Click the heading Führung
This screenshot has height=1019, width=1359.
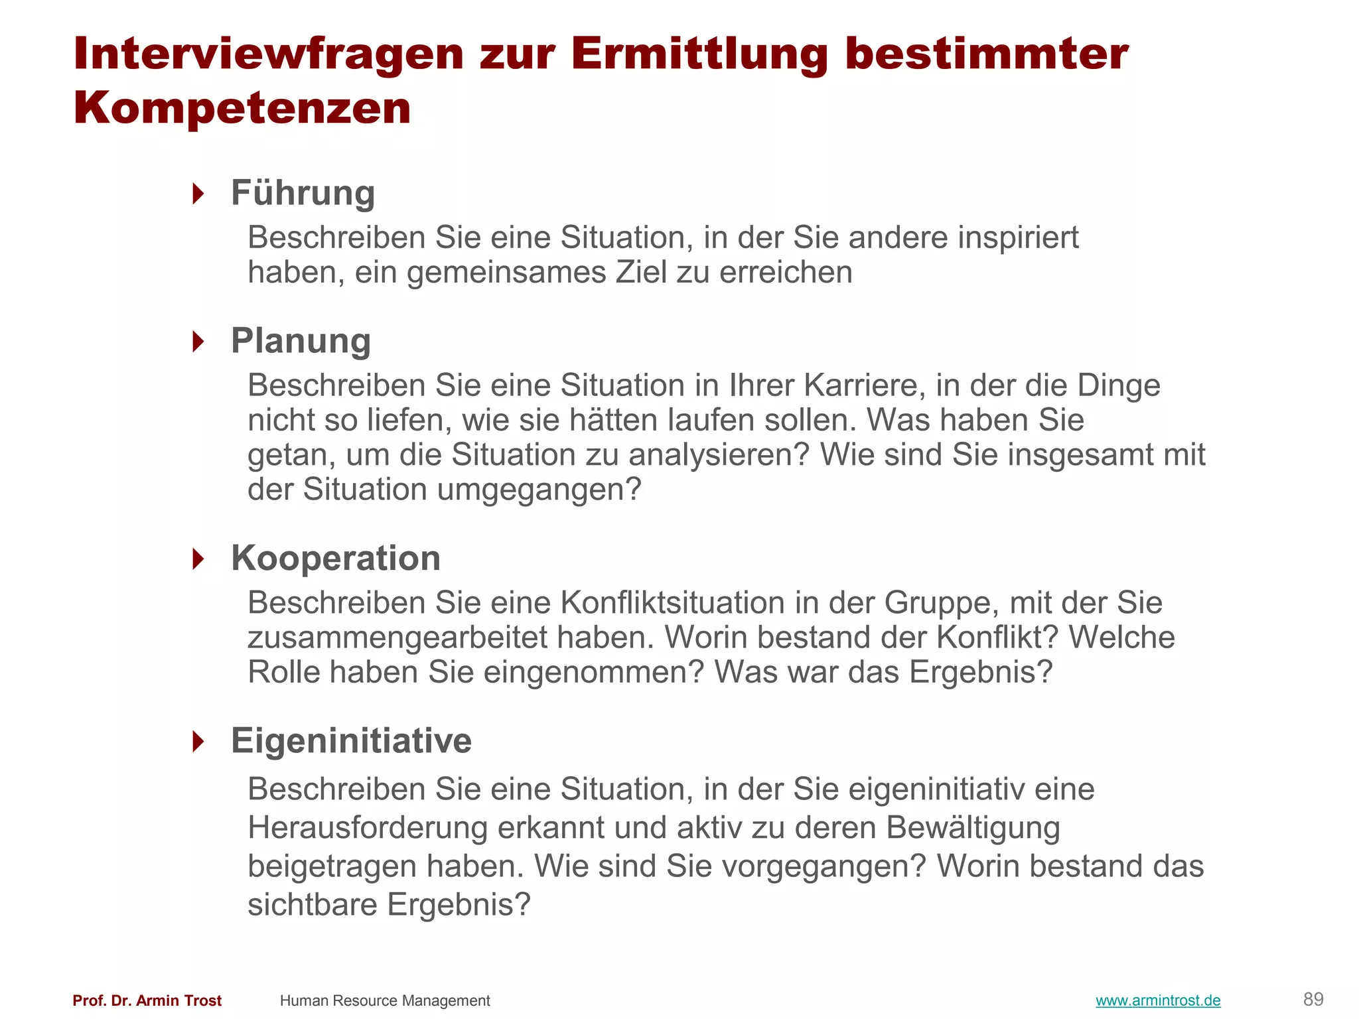(x=303, y=194)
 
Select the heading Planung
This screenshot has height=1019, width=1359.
(x=301, y=342)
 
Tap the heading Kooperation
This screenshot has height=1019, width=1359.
(x=336, y=559)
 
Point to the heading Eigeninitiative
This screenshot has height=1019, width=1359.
(x=351, y=741)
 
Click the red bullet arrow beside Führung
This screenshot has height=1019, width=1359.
(x=198, y=194)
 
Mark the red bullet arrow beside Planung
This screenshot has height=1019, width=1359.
(x=198, y=342)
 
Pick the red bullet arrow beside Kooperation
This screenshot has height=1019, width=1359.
(x=198, y=559)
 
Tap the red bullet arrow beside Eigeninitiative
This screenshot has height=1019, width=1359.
(x=198, y=741)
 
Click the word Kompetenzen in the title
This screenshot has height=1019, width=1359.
(x=242, y=107)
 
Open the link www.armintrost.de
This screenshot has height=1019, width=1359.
(x=1158, y=1000)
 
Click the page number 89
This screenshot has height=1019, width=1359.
(x=1313, y=999)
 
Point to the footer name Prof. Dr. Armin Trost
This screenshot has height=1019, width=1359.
(x=147, y=1000)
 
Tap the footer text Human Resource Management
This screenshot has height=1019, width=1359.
(x=385, y=1000)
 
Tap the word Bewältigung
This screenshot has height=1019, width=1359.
(x=973, y=828)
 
